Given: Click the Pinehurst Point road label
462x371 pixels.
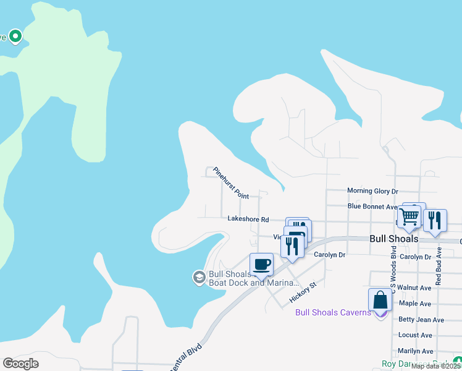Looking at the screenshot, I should [230, 183].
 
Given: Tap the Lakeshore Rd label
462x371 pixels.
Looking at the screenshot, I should [248, 219].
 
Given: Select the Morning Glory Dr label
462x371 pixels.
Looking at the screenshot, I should [372, 191].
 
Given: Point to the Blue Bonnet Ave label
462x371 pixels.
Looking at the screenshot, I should [372, 207].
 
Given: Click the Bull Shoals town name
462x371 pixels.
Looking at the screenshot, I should [394, 239].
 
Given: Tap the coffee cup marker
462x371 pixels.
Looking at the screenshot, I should [261, 265].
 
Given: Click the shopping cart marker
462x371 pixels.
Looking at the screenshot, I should [409, 218].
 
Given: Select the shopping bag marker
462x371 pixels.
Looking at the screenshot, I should [380, 301].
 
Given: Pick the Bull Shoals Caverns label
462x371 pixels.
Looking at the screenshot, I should [333, 312].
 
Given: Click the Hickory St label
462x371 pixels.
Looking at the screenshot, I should [303, 293].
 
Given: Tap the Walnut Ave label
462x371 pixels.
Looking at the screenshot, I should [414, 288].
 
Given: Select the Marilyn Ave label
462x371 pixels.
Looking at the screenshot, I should [416, 351].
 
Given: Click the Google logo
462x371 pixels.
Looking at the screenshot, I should [20, 364].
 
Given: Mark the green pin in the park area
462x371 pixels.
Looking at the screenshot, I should [15, 36].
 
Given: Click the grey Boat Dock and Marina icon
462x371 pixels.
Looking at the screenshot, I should [199, 277].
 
